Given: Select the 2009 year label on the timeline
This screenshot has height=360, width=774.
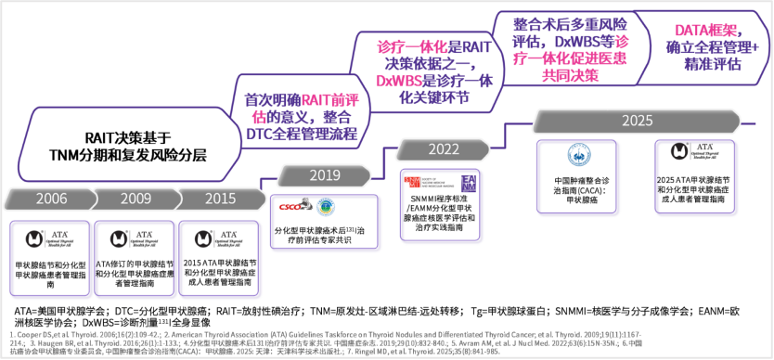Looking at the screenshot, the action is [x=135, y=198].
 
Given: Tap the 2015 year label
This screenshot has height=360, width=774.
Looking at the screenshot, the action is [x=219, y=198].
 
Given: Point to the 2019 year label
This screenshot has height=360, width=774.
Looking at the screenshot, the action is [x=325, y=175].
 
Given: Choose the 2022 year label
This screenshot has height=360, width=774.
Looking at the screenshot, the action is [x=443, y=148].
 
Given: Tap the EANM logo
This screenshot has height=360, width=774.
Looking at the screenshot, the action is [x=468, y=181].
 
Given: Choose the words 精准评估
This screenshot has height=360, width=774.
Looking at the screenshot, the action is [x=712, y=65].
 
